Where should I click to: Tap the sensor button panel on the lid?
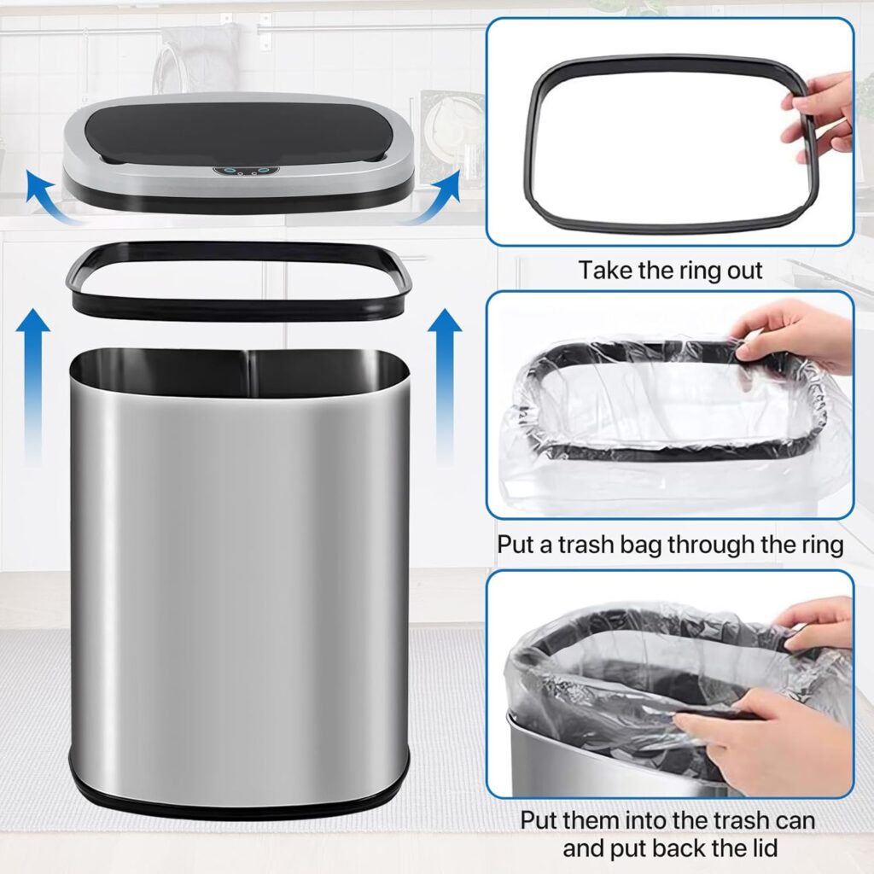click(x=245, y=172)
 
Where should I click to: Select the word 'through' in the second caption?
click(x=711, y=545)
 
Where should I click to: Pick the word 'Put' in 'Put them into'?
click(x=539, y=820)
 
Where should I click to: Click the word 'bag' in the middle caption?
click(x=640, y=545)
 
